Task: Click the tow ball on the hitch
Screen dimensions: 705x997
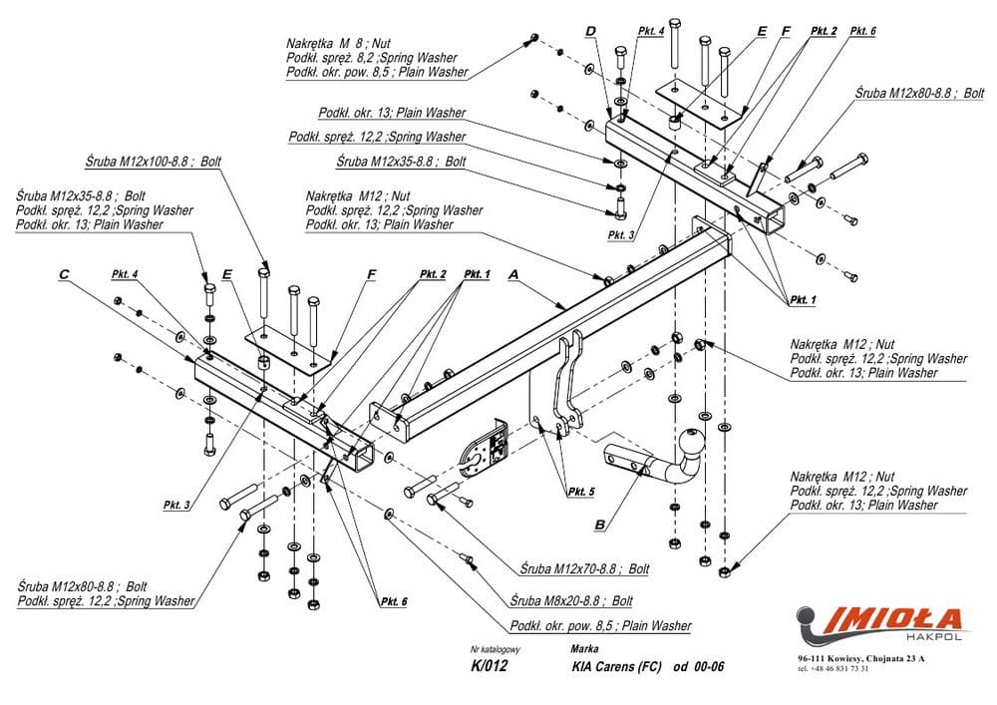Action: (x=691, y=440)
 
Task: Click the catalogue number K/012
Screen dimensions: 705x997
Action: (x=489, y=667)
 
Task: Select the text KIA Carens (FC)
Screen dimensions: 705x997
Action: (x=616, y=667)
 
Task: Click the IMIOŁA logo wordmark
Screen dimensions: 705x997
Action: (x=892, y=619)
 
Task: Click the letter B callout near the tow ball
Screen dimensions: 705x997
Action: (x=600, y=523)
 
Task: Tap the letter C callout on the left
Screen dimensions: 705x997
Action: (x=63, y=273)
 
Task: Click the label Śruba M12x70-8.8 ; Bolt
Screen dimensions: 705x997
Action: (x=584, y=568)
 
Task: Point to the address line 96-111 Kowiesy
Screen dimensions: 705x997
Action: (x=860, y=658)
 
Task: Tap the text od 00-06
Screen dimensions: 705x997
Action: (x=698, y=667)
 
